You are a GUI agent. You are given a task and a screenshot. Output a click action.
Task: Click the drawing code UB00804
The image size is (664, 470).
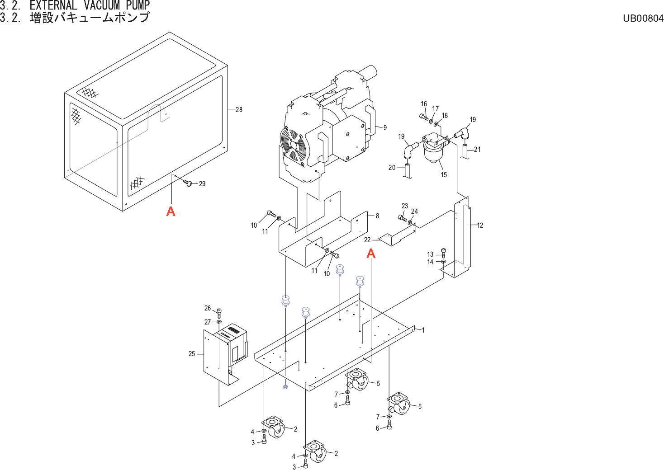click(x=643, y=18)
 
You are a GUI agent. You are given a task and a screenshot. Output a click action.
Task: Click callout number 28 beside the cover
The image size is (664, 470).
click(x=239, y=109)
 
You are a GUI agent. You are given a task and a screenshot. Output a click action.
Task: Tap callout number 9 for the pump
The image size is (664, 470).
click(x=385, y=128)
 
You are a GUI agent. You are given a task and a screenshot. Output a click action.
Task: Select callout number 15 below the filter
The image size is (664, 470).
click(x=444, y=174)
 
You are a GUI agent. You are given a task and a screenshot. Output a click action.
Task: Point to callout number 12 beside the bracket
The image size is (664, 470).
click(x=480, y=225)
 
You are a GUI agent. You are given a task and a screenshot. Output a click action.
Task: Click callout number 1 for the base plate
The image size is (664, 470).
click(x=423, y=330)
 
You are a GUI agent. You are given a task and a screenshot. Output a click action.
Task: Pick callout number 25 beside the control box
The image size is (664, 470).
click(x=192, y=354)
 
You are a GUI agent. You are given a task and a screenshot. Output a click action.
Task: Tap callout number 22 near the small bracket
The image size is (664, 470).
click(x=367, y=240)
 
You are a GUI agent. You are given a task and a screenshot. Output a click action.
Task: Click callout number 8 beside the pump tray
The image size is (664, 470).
click(x=377, y=216)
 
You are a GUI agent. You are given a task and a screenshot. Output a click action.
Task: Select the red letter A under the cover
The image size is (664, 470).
click(x=171, y=211)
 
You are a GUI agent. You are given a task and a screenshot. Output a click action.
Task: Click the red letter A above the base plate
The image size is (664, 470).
click(x=371, y=254)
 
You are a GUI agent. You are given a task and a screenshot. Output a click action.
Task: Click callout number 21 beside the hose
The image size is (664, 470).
click(x=477, y=150)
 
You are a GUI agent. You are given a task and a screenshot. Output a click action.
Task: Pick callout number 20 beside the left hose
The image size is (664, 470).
click(x=392, y=168)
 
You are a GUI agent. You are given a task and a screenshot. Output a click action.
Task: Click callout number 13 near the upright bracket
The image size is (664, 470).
click(x=430, y=254)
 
